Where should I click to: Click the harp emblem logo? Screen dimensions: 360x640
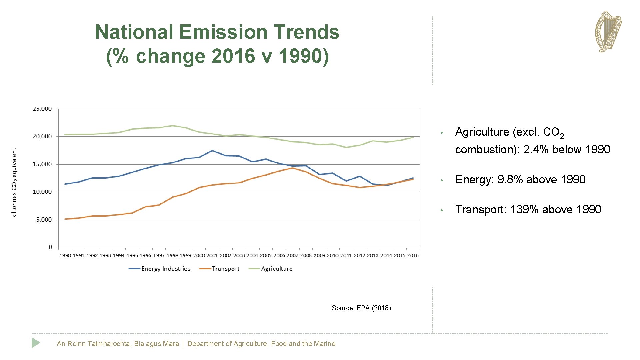(608, 32)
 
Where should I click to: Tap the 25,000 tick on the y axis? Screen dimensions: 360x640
(42, 109)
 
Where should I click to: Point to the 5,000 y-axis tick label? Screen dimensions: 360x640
(44, 220)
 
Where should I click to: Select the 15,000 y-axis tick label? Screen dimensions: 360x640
(42, 164)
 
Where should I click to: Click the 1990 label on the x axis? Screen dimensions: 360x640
(65, 256)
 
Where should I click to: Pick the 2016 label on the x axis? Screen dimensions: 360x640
(413, 256)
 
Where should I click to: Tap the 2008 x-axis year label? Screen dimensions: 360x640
(306, 256)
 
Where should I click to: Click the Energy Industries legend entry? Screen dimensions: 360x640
(160, 269)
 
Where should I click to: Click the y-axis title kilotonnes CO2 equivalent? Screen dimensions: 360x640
(14, 183)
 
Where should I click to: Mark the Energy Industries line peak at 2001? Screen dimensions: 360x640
(212, 150)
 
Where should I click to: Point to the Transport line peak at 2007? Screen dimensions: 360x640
(292, 168)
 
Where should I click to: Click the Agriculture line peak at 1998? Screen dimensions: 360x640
(172, 126)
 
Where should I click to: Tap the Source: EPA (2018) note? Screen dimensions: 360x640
(361, 308)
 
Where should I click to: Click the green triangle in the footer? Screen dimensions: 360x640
(36, 343)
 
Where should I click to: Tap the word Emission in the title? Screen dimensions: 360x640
(223, 32)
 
